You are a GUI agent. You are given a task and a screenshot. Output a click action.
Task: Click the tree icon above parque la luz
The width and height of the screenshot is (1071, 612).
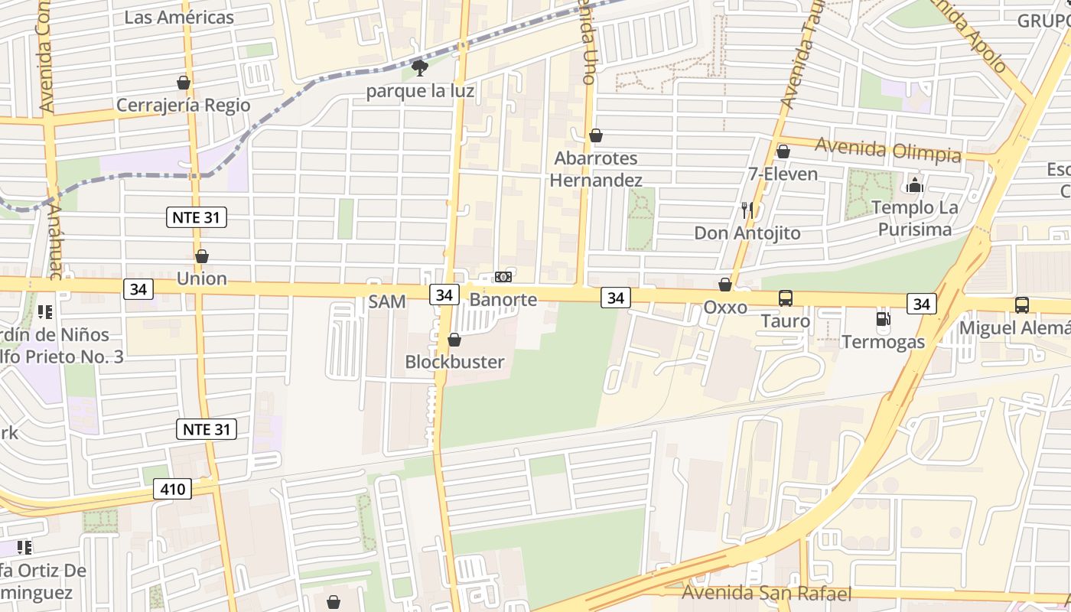(419, 68)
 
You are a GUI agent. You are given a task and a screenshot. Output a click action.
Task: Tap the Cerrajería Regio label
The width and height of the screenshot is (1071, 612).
(183, 105)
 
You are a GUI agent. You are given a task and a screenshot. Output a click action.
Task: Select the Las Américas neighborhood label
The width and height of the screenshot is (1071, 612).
(179, 17)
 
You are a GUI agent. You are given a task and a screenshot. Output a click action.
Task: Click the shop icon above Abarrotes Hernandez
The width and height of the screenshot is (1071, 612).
(596, 135)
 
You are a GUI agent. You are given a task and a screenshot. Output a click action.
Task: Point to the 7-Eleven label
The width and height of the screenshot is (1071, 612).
(783, 174)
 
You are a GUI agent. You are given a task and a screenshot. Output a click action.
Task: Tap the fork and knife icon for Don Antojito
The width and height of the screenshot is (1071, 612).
(747, 210)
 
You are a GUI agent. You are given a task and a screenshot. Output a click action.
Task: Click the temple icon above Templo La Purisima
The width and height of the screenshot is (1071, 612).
(914, 184)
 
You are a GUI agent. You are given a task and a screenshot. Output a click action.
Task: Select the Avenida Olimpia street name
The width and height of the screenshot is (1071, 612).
(887, 148)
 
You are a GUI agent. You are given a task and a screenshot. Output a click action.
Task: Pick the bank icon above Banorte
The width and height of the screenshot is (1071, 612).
(503, 276)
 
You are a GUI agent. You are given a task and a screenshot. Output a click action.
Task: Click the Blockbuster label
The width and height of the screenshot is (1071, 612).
(454, 362)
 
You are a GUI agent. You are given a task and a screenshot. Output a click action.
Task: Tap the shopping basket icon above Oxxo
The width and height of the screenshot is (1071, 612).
(725, 285)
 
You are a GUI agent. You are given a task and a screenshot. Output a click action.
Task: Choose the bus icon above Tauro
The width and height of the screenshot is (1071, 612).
(786, 298)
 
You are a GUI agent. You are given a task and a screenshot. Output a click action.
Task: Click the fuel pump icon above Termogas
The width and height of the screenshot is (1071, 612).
(884, 319)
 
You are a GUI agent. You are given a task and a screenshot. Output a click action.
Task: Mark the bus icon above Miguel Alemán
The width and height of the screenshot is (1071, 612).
(1022, 304)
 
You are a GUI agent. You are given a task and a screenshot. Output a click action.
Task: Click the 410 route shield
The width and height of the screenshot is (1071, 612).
(172, 488)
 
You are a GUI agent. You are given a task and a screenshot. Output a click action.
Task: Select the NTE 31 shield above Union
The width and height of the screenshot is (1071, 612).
(197, 217)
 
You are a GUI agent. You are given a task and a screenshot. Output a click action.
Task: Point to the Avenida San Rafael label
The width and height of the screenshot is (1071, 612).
(766, 593)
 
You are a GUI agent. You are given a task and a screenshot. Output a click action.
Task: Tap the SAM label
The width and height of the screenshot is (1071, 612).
(387, 301)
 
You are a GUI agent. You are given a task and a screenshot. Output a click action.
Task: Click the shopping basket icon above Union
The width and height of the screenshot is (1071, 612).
(202, 256)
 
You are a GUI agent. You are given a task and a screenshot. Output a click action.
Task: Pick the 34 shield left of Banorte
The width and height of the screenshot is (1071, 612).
(444, 294)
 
